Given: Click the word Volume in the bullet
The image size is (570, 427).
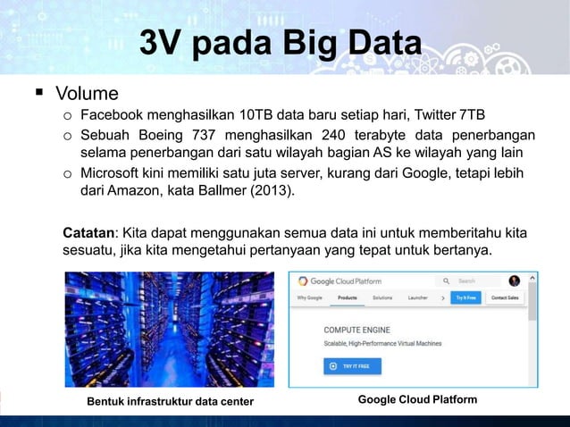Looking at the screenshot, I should (x=87, y=93).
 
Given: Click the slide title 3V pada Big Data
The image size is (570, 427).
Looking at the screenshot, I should (x=281, y=43).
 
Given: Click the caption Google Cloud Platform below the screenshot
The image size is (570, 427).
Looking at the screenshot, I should (x=417, y=399).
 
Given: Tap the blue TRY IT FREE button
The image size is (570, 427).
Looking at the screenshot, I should (x=352, y=365).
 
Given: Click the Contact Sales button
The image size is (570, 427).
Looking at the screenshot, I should (x=506, y=297).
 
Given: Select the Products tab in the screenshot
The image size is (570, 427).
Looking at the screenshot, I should (x=348, y=297).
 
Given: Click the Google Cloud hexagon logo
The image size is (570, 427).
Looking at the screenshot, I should (x=304, y=280).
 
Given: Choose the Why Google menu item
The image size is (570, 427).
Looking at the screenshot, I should (x=309, y=297).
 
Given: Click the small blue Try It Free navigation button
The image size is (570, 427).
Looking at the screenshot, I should (x=466, y=297).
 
